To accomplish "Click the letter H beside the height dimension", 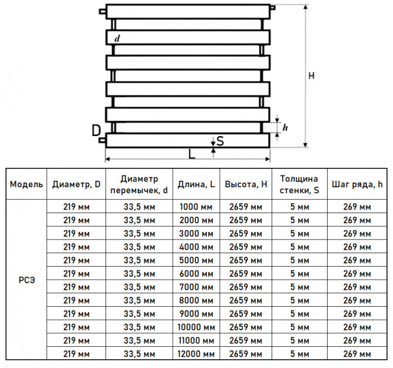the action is click(x=311, y=75).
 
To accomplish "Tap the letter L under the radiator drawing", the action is click(x=191, y=154).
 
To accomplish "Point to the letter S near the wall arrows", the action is click(x=220, y=141).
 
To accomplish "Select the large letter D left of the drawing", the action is click(x=96, y=131).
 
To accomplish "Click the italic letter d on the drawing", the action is click(x=117, y=39).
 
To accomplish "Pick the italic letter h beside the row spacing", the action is click(x=285, y=128).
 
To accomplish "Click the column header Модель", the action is click(x=27, y=184).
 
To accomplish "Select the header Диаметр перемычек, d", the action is click(x=139, y=184).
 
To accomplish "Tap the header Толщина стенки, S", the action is click(x=299, y=184).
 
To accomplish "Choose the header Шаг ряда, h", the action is click(x=357, y=184).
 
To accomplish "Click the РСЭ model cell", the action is click(x=27, y=280).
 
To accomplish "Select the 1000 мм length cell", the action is click(x=196, y=207).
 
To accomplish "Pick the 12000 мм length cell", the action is click(x=196, y=354).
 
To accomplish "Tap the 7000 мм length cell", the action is click(x=196, y=287).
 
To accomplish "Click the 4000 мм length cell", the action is click(x=196, y=247).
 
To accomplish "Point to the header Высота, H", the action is click(x=246, y=184).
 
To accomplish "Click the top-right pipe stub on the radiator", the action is click(x=273, y=8).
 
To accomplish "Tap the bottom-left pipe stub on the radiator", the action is click(x=103, y=140).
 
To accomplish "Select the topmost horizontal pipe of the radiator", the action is click(x=188, y=12).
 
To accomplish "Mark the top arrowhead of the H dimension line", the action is click(x=305, y=6).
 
